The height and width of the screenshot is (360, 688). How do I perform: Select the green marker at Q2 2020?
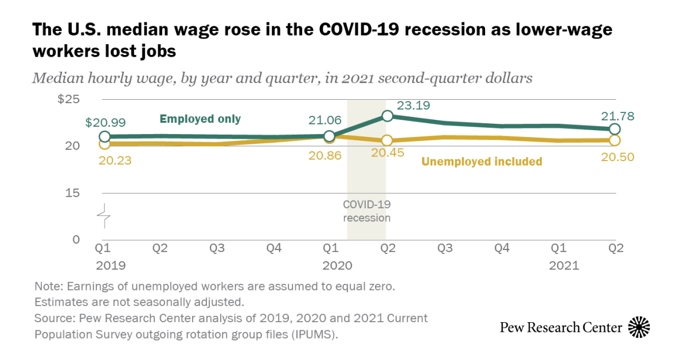pyautogui.click(x=387, y=116)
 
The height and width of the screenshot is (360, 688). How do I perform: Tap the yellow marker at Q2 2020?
pyautogui.click(x=387, y=140)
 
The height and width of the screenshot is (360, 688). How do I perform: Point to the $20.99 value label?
pyautogui.click(x=105, y=122)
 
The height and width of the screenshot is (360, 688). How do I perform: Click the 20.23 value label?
pyautogui.click(x=115, y=161)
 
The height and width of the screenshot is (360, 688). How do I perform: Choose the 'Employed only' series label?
pyautogui.click(x=200, y=119)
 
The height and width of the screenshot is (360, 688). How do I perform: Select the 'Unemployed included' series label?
pyautogui.click(x=482, y=162)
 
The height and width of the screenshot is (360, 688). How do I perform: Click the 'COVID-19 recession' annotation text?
pyautogui.click(x=366, y=211)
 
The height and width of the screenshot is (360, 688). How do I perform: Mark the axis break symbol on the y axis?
pyautogui.click(x=104, y=216)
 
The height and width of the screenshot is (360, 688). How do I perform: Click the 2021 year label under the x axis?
pyautogui.click(x=564, y=266)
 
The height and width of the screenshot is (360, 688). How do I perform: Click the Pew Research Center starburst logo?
pyautogui.click(x=639, y=327)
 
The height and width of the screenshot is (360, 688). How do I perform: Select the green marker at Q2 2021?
pyautogui.click(x=615, y=129)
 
